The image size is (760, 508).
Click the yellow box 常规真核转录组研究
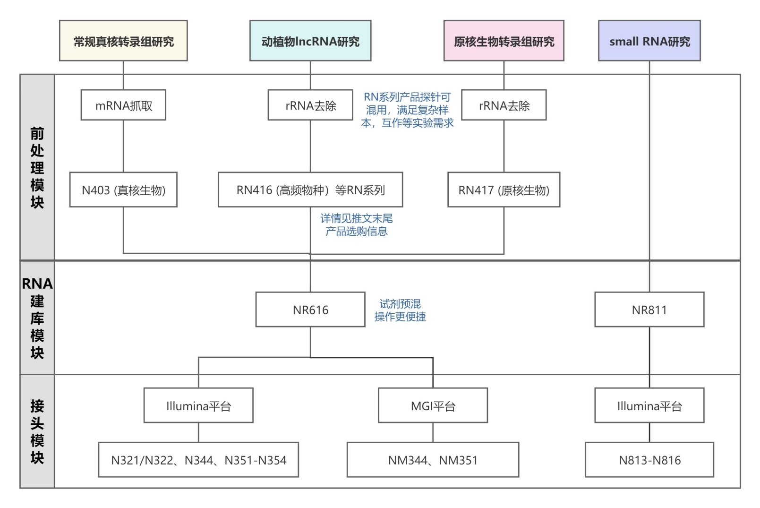[x=123, y=41]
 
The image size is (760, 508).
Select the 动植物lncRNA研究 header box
[x=310, y=41]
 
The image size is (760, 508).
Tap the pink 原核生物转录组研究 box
[x=504, y=41]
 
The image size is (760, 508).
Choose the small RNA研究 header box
[x=649, y=41]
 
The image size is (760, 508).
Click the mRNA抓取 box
[x=123, y=105]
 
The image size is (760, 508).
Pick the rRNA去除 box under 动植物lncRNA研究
[x=310, y=105]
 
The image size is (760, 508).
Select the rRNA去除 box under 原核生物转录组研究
[x=504, y=105]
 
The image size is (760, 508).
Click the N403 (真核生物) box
[x=123, y=190]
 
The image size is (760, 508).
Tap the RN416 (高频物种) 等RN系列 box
[x=310, y=190]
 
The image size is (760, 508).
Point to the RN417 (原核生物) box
[x=504, y=190]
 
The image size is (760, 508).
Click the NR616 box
[x=310, y=310]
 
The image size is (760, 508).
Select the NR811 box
[x=649, y=310]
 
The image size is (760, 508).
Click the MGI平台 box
[x=433, y=406]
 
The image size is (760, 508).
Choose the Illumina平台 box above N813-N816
[x=649, y=406]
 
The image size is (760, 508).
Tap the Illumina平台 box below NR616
[x=198, y=406]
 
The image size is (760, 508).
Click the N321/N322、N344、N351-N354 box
[x=198, y=460]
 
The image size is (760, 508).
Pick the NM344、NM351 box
[x=433, y=460]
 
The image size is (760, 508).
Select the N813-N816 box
[x=649, y=460]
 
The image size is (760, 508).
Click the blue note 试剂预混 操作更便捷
[x=400, y=310]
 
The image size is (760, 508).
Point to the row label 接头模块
[x=37, y=431]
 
